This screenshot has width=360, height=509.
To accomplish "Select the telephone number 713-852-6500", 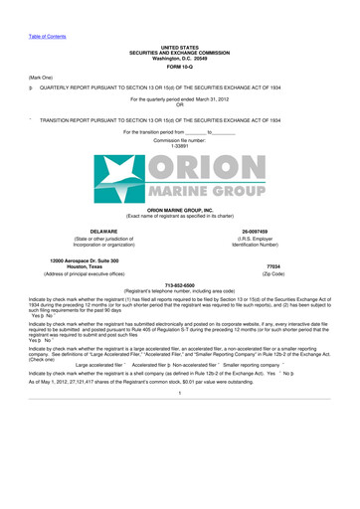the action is [x=179, y=283].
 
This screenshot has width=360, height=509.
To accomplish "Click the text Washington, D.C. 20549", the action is [x=179, y=56].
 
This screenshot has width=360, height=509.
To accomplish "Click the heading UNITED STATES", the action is [x=179, y=46].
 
